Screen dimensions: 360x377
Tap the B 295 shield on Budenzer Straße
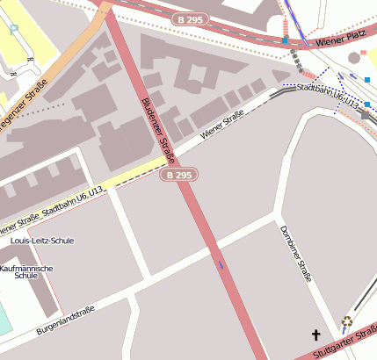(x=178, y=176)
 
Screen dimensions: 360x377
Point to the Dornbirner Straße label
(x=296, y=255)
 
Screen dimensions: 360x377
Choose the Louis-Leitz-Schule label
(x=41, y=240)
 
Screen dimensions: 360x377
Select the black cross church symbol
(x=316, y=335)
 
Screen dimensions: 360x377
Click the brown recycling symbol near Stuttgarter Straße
(x=347, y=321)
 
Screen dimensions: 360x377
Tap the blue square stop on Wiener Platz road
(x=286, y=40)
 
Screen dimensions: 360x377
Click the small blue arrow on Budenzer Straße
(x=220, y=263)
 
